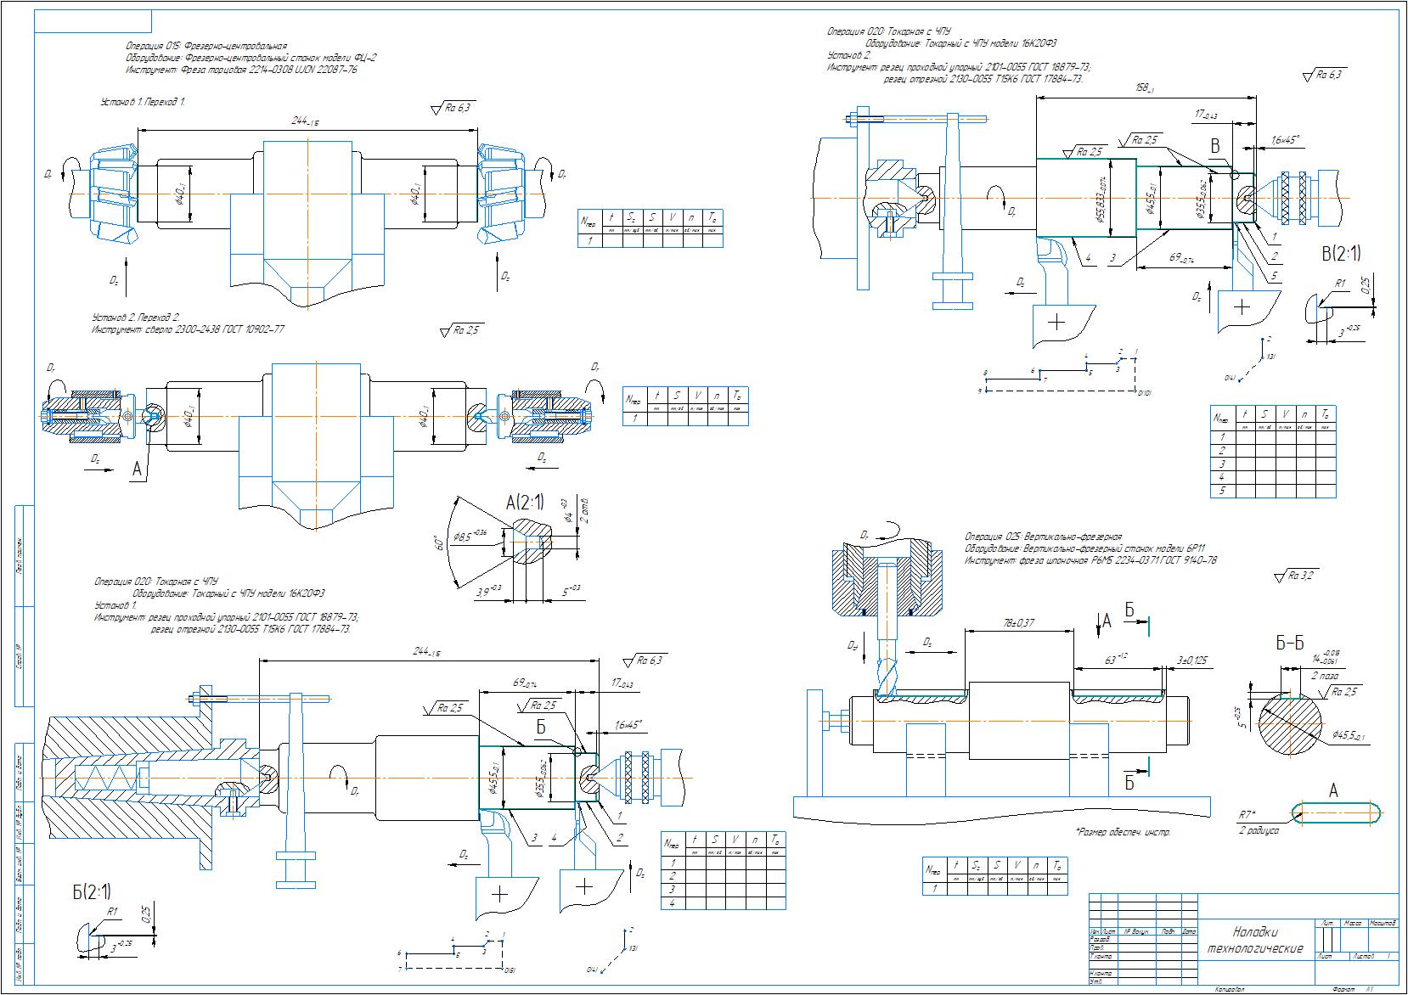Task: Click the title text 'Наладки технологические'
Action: click(1254, 939)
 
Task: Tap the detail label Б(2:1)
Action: click(91, 891)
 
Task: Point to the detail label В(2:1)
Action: click(1340, 252)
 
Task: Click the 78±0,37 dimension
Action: click(1019, 623)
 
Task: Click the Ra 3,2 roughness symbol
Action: click(1297, 576)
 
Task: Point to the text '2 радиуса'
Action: click(1259, 831)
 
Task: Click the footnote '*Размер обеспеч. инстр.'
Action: click(1122, 832)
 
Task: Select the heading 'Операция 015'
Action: click(206, 46)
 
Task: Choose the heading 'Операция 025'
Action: click(1043, 537)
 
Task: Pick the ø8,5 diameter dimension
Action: click(470, 535)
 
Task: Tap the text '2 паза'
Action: click(1326, 676)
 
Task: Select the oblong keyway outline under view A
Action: click(1337, 812)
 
